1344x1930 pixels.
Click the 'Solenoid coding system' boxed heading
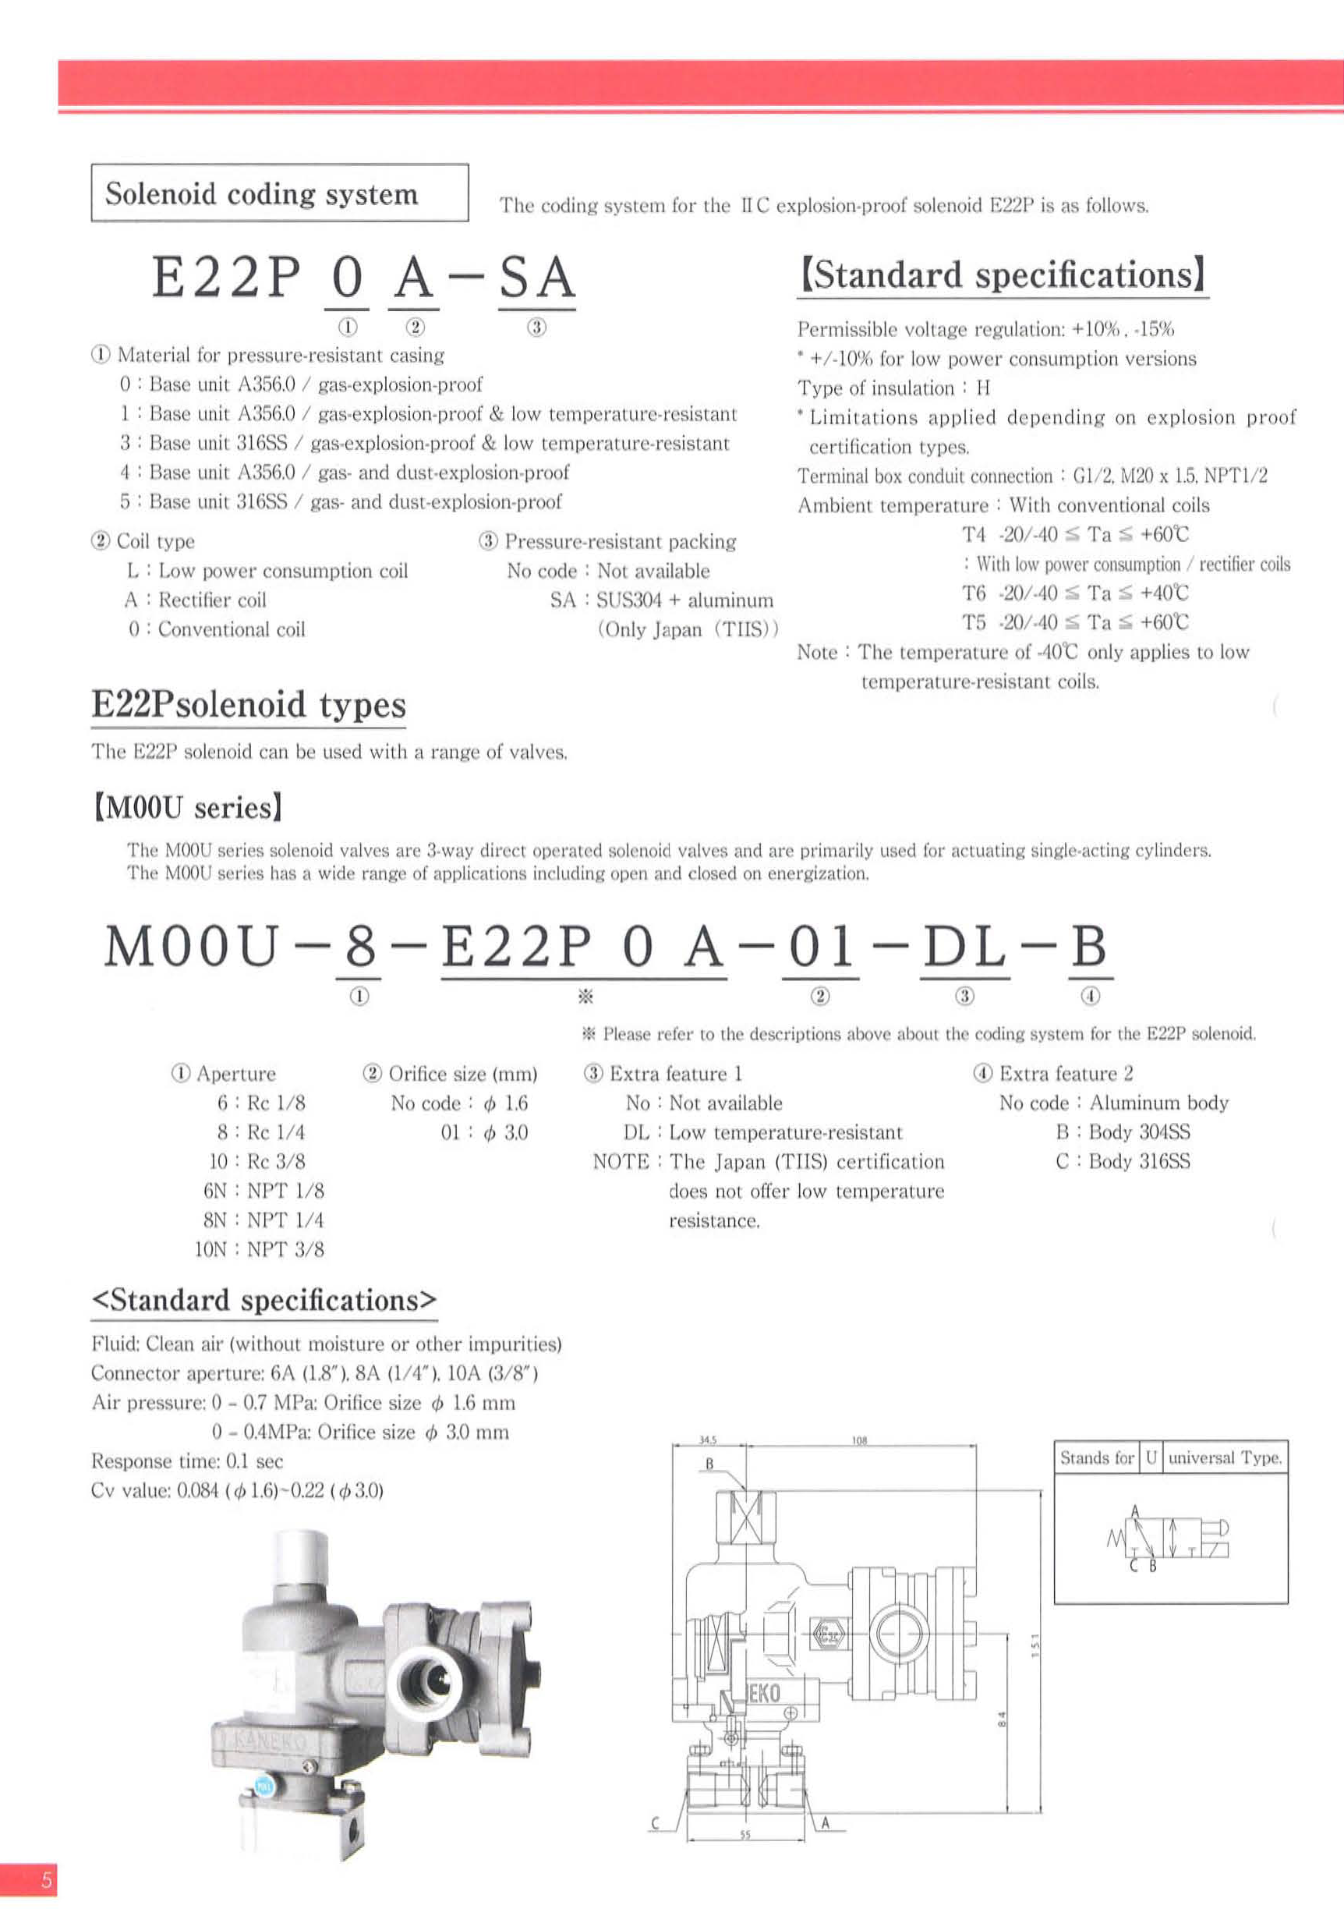click(x=261, y=193)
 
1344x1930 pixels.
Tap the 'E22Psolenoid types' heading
click(x=248, y=704)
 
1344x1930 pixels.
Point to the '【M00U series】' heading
click(x=186, y=808)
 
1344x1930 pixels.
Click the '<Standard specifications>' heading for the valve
click(x=264, y=1301)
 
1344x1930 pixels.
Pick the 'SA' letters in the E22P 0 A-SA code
click(x=537, y=279)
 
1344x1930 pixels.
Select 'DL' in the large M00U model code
click(x=964, y=946)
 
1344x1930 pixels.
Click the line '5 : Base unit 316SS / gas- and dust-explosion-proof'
click(x=341, y=502)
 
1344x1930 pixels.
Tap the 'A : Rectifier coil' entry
click(x=195, y=600)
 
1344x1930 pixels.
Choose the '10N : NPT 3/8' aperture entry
click(x=259, y=1249)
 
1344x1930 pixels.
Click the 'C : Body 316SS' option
click(x=1122, y=1162)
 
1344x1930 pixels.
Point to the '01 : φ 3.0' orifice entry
click(x=484, y=1132)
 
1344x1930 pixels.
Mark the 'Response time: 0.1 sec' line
click(x=186, y=1461)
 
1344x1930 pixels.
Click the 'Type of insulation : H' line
click(x=893, y=388)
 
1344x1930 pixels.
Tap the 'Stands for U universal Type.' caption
click(x=1170, y=1457)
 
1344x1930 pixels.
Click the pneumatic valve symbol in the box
click(x=1169, y=1538)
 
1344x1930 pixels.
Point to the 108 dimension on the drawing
click(x=859, y=1440)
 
